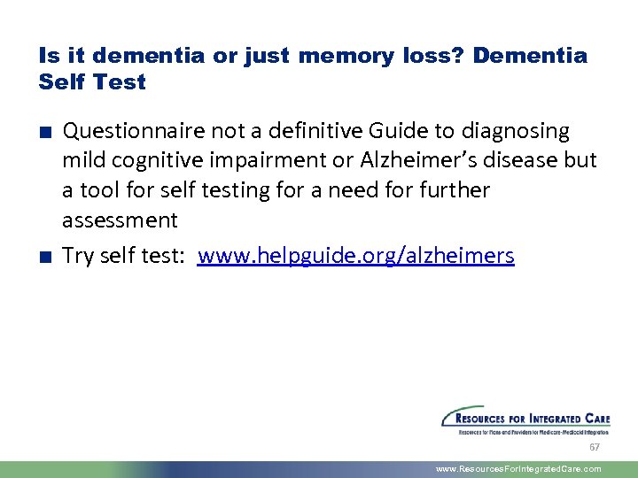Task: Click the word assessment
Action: (120, 220)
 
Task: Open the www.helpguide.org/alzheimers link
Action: (355, 257)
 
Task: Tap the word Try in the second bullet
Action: (79, 257)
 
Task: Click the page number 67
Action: (595, 447)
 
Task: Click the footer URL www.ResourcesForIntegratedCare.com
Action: (518, 469)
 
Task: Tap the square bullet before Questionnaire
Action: (44, 133)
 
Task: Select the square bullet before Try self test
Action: (44, 257)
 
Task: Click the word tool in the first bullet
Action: (97, 190)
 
